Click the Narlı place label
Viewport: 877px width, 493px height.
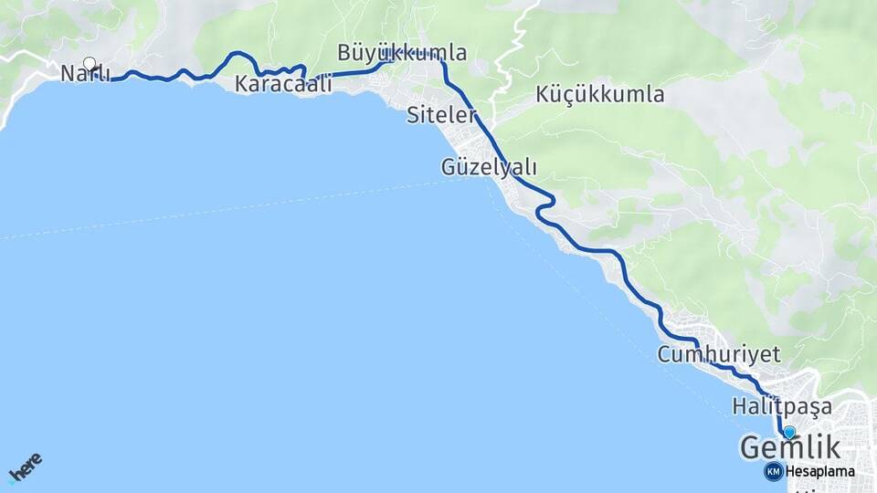(x=85, y=74)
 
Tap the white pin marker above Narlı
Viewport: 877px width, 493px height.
(x=90, y=63)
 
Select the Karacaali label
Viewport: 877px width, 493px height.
(x=282, y=84)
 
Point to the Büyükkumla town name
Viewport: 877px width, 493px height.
(x=402, y=52)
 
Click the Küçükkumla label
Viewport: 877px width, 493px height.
(x=599, y=94)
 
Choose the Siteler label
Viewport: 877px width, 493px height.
(x=442, y=115)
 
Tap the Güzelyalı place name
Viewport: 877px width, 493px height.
(x=489, y=167)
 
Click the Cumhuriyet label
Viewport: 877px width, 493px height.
(x=719, y=354)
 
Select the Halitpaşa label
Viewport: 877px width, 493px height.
(x=782, y=404)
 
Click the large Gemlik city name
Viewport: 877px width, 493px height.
(x=790, y=447)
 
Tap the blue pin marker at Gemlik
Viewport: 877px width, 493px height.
(x=789, y=433)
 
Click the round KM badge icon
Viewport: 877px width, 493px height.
(x=774, y=471)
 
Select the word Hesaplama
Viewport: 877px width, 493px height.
(x=819, y=472)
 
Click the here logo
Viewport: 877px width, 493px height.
(x=25, y=467)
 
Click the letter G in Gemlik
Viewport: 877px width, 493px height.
(x=752, y=447)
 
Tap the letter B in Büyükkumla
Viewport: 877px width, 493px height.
(x=344, y=52)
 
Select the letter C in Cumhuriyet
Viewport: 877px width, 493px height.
(x=665, y=354)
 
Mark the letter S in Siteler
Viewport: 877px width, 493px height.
(x=414, y=115)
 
